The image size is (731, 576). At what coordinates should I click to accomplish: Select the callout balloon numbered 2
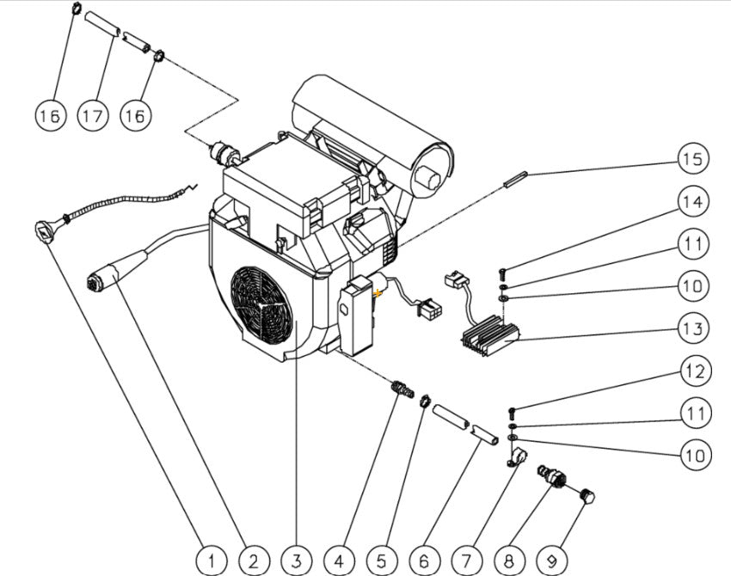click(x=253, y=561)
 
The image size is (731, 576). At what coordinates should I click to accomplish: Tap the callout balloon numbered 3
click(x=296, y=561)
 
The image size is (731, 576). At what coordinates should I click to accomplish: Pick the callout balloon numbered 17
click(x=93, y=114)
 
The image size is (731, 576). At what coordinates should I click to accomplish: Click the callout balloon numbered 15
click(x=694, y=159)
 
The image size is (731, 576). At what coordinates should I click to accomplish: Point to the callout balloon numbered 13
click(x=694, y=328)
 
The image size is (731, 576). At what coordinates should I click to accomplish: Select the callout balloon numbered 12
click(x=694, y=371)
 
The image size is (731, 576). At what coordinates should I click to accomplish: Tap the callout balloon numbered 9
click(x=550, y=561)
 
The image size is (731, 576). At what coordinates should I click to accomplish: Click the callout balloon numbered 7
click(x=465, y=561)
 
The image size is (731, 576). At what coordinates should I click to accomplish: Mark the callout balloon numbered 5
click(x=381, y=561)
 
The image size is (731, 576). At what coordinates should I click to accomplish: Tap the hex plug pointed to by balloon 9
click(x=589, y=497)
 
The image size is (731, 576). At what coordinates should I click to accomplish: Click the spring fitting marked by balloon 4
click(x=397, y=390)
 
